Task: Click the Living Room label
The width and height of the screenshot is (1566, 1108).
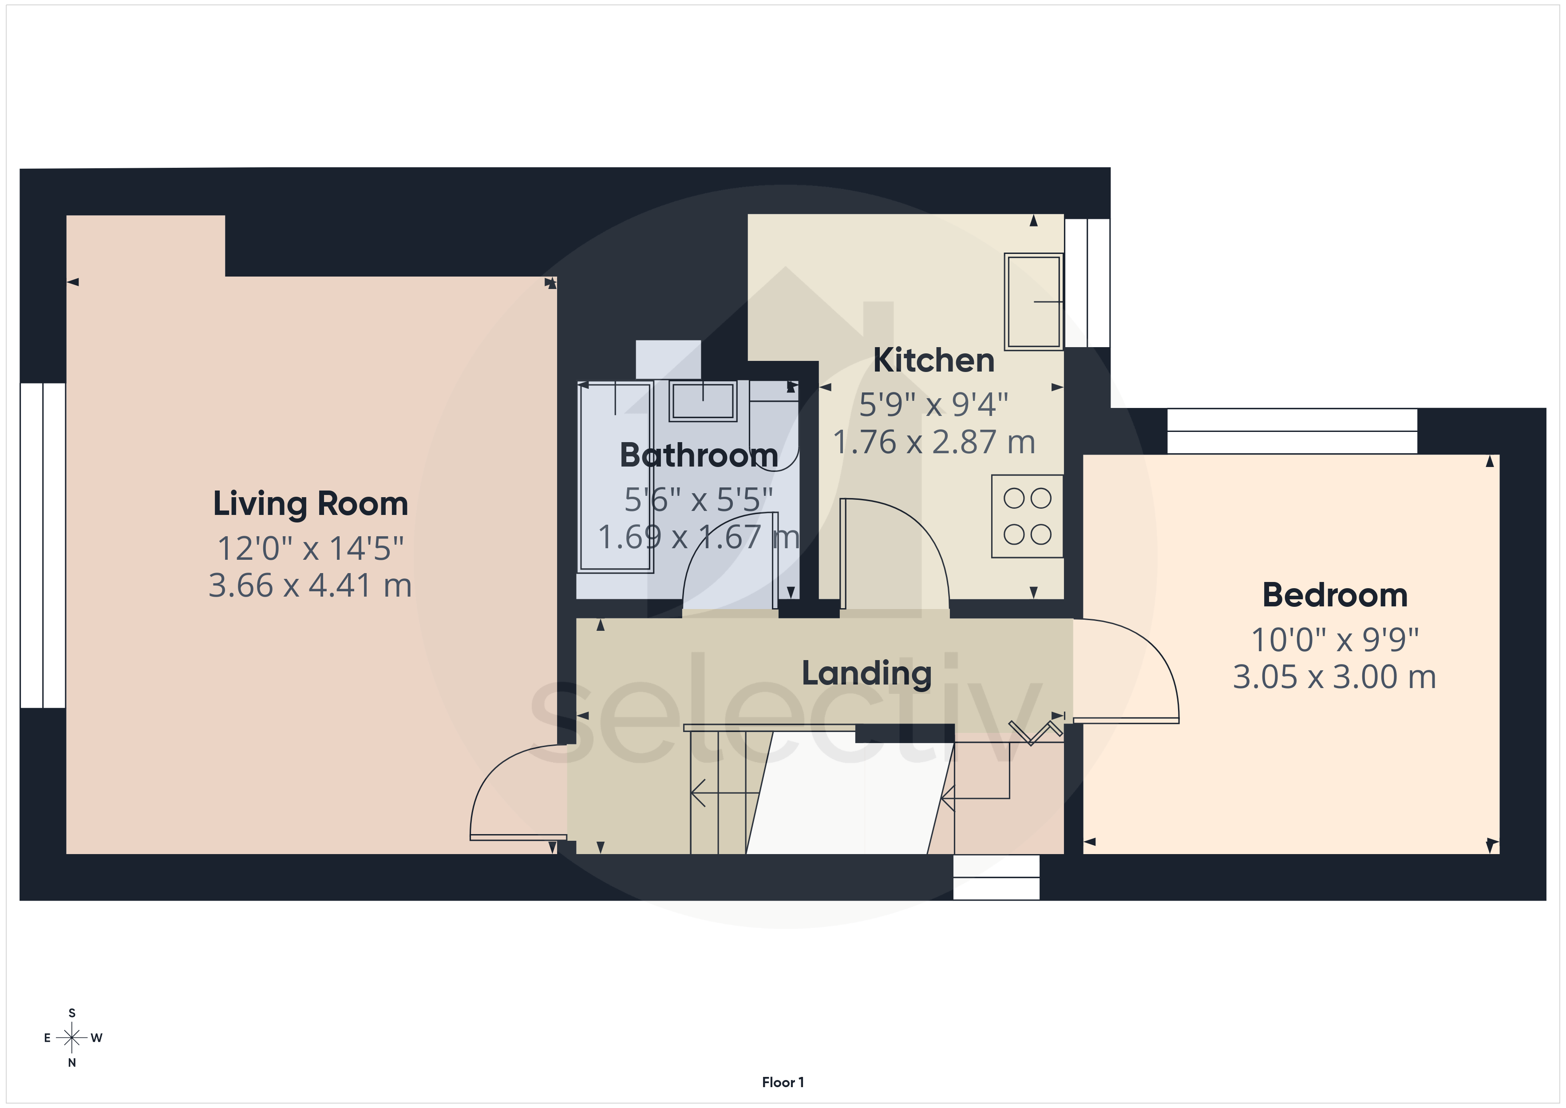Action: pyautogui.click(x=310, y=504)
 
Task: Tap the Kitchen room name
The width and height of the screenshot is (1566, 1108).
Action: pyautogui.click(x=934, y=360)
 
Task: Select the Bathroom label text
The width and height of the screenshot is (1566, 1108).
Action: pyautogui.click(x=698, y=455)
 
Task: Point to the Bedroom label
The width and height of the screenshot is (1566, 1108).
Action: pyautogui.click(x=1335, y=595)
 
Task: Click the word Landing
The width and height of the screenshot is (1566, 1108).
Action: pyautogui.click(x=866, y=673)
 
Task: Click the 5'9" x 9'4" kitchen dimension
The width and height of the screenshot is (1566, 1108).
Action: pyautogui.click(x=934, y=404)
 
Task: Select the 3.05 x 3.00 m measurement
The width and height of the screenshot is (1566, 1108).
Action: pyautogui.click(x=1335, y=677)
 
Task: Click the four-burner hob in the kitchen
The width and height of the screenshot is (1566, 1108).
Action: pyautogui.click(x=1027, y=516)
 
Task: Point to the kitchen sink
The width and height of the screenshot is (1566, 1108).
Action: pyautogui.click(x=1033, y=301)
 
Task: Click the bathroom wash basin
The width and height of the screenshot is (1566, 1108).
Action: pyautogui.click(x=703, y=400)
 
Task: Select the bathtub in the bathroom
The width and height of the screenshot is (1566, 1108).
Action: pyautogui.click(x=615, y=477)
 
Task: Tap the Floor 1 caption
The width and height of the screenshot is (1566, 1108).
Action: pyautogui.click(x=783, y=1082)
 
